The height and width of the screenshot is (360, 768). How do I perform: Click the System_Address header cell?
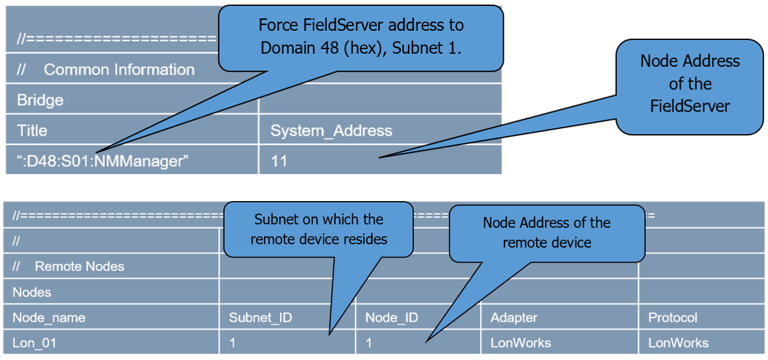pyautogui.click(x=331, y=131)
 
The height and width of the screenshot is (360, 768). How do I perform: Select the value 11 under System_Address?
pyautogui.click(x=279, y=161)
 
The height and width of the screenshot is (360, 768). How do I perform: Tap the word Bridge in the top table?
pyautogui.click(x=40, y=101)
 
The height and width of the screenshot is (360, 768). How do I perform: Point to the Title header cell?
pyautogui.click(x=32, y=131)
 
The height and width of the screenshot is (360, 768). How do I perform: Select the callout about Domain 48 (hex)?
pyautogui.click(x=361, y=37)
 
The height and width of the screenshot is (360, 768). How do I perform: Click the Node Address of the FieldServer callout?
pyautogui.click(x=689, y=84)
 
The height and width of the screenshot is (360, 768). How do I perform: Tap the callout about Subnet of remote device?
pyautogui.click(x=319, y=229)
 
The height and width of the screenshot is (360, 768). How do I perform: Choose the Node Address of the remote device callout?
pyautogui.click(x=547, y=233)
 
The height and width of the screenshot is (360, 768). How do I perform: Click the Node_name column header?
pyautogui.click(x=49, y=318)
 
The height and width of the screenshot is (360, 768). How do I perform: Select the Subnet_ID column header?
pyautogui.click(x=260, y=318)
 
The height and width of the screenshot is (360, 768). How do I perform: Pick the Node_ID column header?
pyautogui.click(x=392, y=318)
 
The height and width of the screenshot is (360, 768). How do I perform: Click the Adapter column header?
pyautogui.click(x=514, y=318)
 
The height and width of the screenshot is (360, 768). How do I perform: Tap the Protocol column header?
pyautogui.click(x=673, y=318)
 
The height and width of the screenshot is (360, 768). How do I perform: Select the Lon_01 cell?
pyautogui.click(x=34, y=343)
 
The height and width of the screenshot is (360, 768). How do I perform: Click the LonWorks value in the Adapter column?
pyautogui.click(x=520, y=343)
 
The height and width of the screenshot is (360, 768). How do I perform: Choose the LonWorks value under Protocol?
pyautogui.click(x=678, y=343)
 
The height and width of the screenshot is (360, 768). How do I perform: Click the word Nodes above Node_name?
pyautogui.click(x=32, y=292)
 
